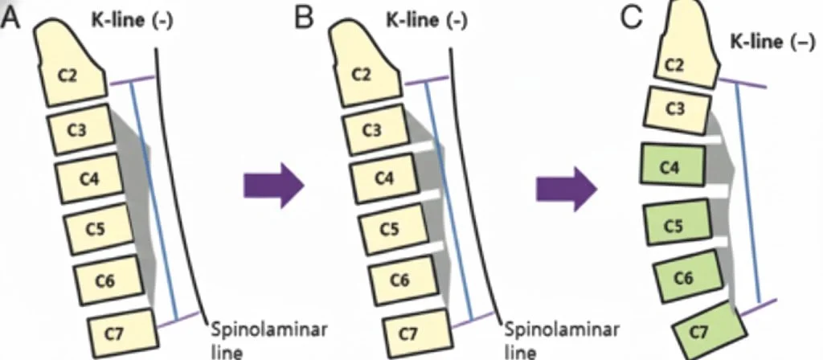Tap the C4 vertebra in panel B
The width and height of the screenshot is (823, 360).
[384, 178]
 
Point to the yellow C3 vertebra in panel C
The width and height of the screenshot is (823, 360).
[678, 107]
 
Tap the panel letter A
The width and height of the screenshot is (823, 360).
[12, 16]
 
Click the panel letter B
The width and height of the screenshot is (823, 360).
[304, 16]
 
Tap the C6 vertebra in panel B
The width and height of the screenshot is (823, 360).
[399, 280]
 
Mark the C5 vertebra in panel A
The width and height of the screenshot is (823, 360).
[96, 228]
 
